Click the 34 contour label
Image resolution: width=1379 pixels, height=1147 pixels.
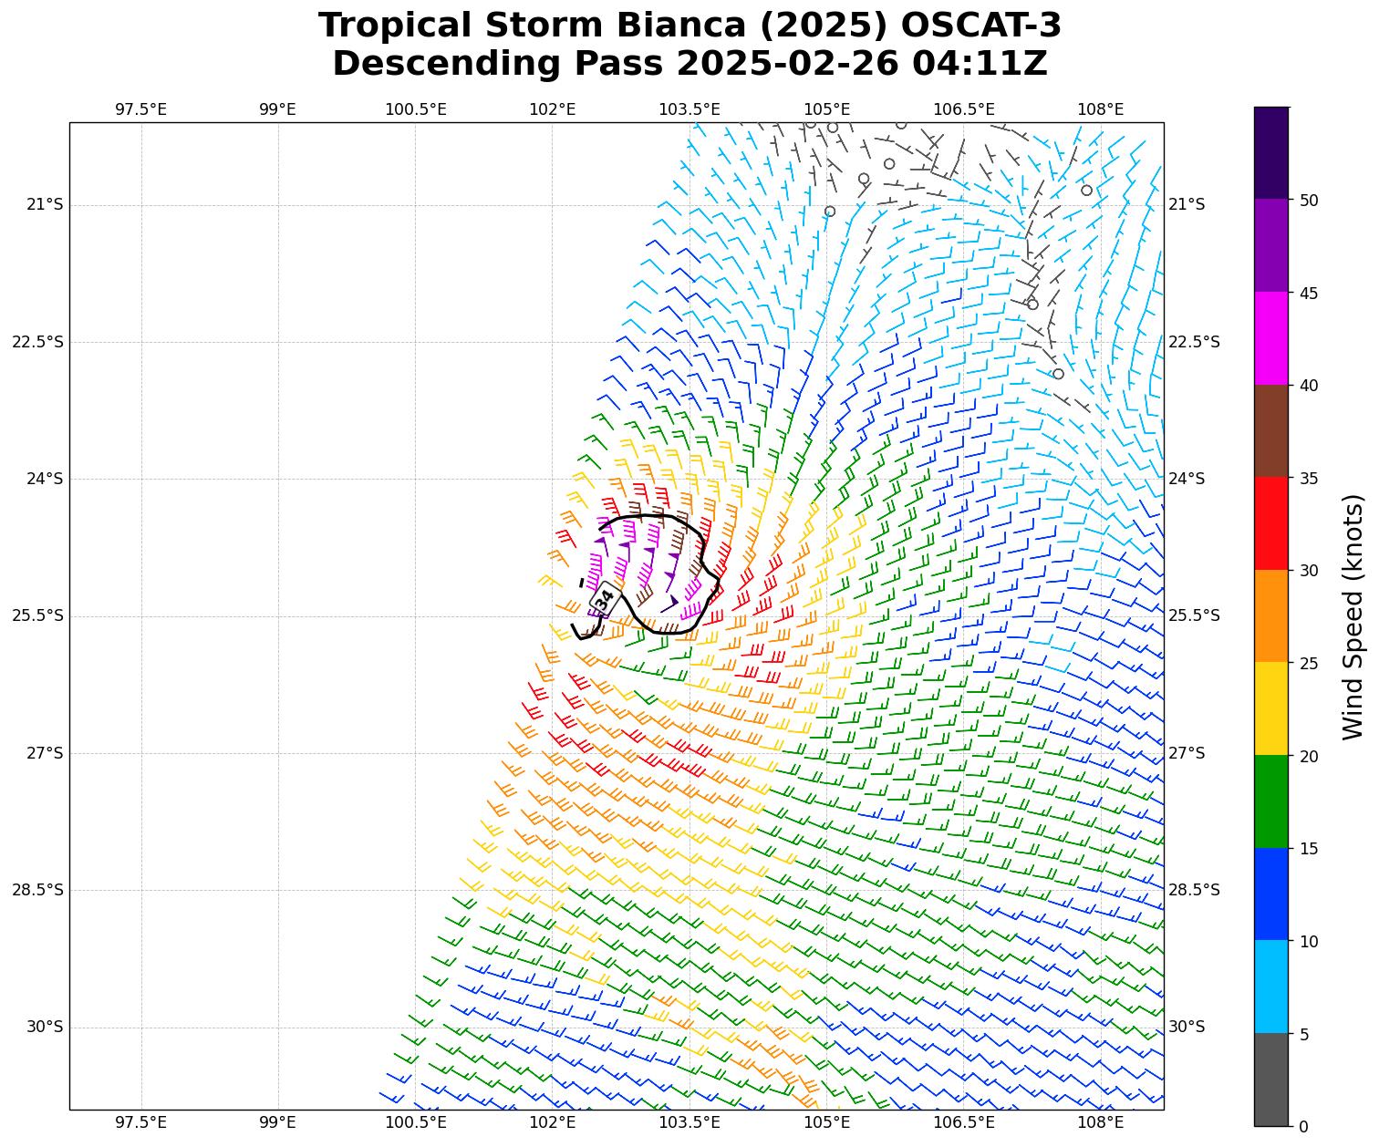tap(605, 600)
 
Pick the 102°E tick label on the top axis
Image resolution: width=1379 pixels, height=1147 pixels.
tap(553, 110)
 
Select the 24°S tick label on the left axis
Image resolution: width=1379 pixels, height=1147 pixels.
tap(45, 479)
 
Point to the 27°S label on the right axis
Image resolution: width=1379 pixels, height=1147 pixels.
tap(1187, 753)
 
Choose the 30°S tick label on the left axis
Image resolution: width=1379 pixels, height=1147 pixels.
tap(45, 1028)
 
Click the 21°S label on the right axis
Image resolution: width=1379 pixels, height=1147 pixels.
tap(1187, 204)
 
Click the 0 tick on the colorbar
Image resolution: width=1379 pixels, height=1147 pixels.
tap(1303, 1127)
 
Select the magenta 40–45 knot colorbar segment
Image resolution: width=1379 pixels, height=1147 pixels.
tap(1271, 338)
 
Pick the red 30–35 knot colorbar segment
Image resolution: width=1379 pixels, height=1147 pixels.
tap(1271, 523)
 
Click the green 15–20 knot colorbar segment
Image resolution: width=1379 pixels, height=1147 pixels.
tap(1271, 801)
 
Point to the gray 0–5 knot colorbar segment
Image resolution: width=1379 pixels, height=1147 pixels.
tap(1271, 1080)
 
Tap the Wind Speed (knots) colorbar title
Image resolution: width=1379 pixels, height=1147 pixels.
tap(1353, 617)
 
